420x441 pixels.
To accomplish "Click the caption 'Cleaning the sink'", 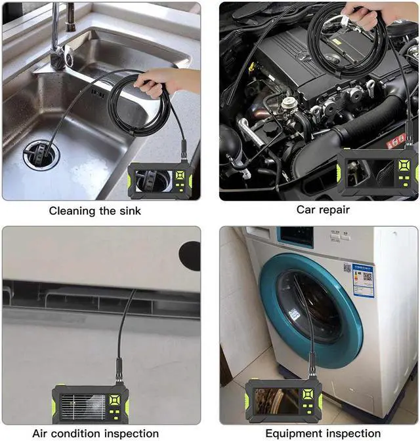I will (x=95, y=211).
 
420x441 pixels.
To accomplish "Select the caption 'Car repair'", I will (x=323, y=210).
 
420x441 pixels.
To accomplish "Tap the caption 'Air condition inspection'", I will (x=95, y=433).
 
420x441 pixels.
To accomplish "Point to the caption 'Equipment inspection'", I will (x=323, y=433).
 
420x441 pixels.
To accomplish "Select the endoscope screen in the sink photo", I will (x=152, y=180).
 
